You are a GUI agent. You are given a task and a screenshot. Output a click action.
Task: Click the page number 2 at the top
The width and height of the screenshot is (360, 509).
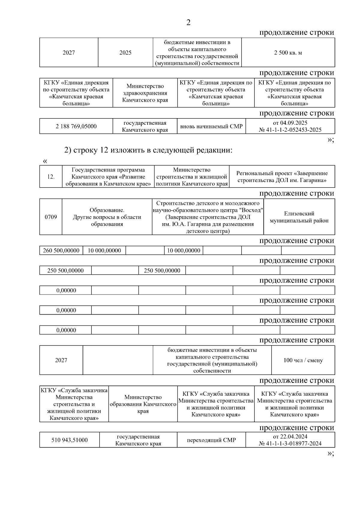188,22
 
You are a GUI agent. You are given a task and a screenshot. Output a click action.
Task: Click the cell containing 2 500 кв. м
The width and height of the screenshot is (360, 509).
288,53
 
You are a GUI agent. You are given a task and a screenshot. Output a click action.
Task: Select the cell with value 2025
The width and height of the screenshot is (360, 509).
125,53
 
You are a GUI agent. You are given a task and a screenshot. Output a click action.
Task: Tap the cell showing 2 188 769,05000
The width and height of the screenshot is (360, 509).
76,126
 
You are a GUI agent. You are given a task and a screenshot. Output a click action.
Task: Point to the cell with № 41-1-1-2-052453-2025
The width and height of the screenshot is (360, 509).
290,130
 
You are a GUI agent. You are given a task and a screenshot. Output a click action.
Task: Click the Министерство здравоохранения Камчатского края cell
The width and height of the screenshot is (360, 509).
145,93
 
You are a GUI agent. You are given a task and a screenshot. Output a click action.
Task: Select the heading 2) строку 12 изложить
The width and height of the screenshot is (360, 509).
148,150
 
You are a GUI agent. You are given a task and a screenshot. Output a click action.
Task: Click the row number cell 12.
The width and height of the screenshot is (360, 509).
51,177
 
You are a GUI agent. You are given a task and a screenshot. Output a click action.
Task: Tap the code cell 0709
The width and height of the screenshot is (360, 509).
51,217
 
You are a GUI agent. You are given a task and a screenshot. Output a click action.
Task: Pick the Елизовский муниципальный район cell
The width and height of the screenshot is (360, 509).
299,217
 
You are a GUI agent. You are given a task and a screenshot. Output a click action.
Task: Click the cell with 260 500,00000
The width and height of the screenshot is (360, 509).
61,250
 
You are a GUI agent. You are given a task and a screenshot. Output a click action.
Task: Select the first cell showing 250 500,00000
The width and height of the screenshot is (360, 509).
65,271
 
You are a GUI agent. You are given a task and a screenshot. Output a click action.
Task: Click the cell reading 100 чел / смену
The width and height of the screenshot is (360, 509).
303,360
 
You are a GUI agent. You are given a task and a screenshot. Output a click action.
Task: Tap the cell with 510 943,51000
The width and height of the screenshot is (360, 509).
69,440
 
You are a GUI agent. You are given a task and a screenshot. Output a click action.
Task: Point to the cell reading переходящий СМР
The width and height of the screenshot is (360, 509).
211,440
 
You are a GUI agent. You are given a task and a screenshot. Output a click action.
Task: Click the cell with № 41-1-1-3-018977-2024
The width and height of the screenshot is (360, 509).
290,444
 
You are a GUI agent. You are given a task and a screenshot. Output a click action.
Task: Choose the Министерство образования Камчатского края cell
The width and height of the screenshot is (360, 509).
143,404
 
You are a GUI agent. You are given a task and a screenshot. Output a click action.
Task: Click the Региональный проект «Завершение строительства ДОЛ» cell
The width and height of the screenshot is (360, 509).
282,177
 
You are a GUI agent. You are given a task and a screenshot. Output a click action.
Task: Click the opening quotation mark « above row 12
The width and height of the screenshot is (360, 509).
45,161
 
